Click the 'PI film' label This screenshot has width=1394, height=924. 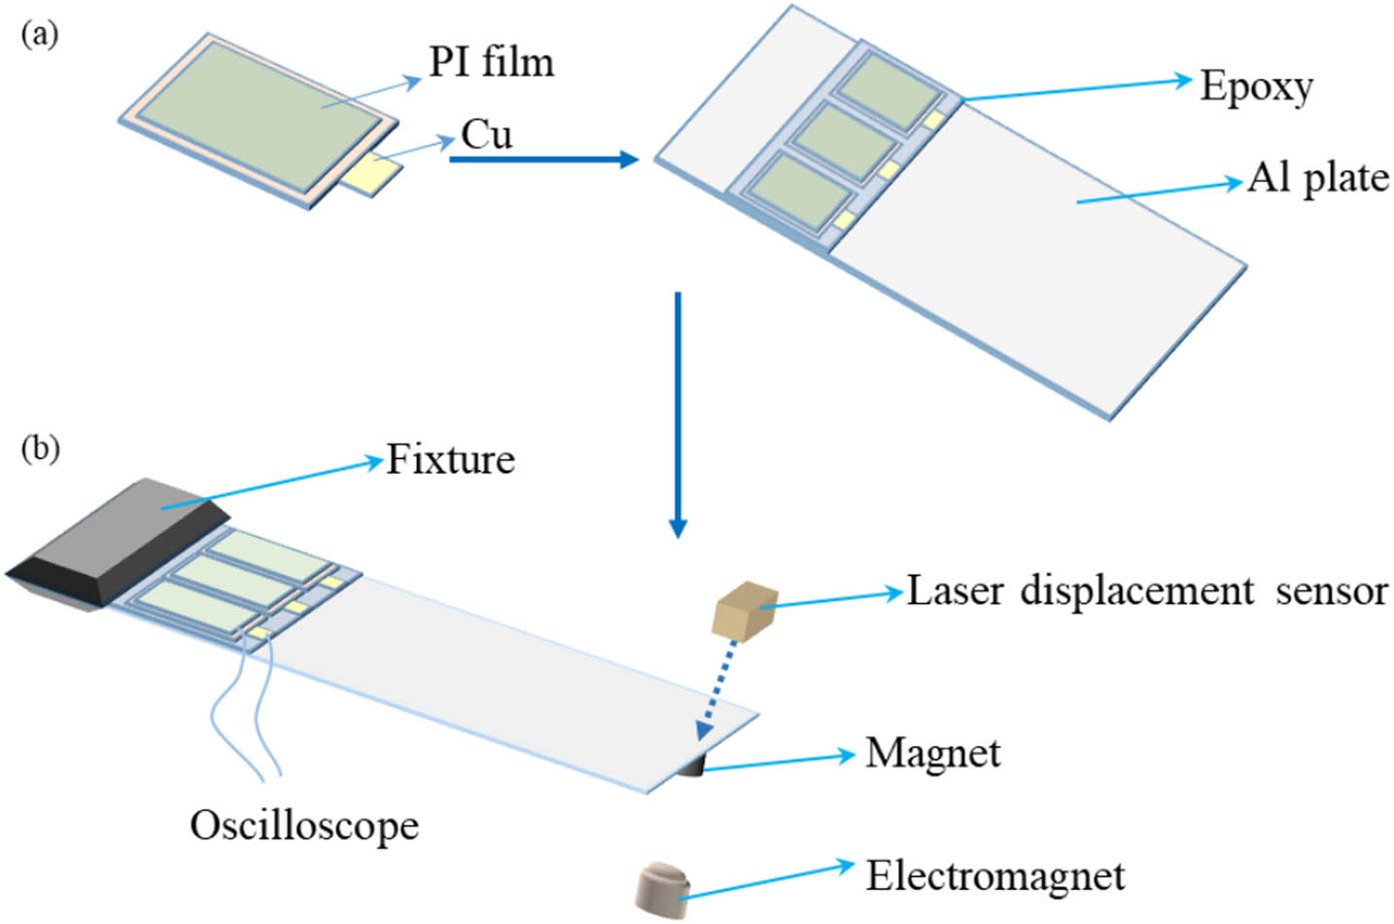pyautogui.click(x=491, y=62)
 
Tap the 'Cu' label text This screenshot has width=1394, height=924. pyautogui.click(x=485, y=134)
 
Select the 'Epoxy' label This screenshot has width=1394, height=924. pyautogui.click(x=1256, y=87)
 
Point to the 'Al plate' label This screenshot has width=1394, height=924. pyautogui.click(x=1317, y=178)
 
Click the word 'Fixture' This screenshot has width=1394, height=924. pyautogui.click(x=450, y=459)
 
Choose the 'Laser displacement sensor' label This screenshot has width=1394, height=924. pyautogui.click(x=1146, y=590)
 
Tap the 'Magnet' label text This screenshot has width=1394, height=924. pyautogui.click(x=932, y=753)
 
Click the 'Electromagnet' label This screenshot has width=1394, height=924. pyautogui.click(x=994, y=875)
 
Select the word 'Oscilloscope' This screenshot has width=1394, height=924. pyautogui.click(x=304, y=826)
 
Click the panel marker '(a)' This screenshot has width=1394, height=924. pyautogui.click(x=39, y=36)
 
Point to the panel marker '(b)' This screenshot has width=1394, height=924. pyautogui.click(x=40, y=449)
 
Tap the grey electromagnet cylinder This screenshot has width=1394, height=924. pyautogui.click(x=661, y=888)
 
